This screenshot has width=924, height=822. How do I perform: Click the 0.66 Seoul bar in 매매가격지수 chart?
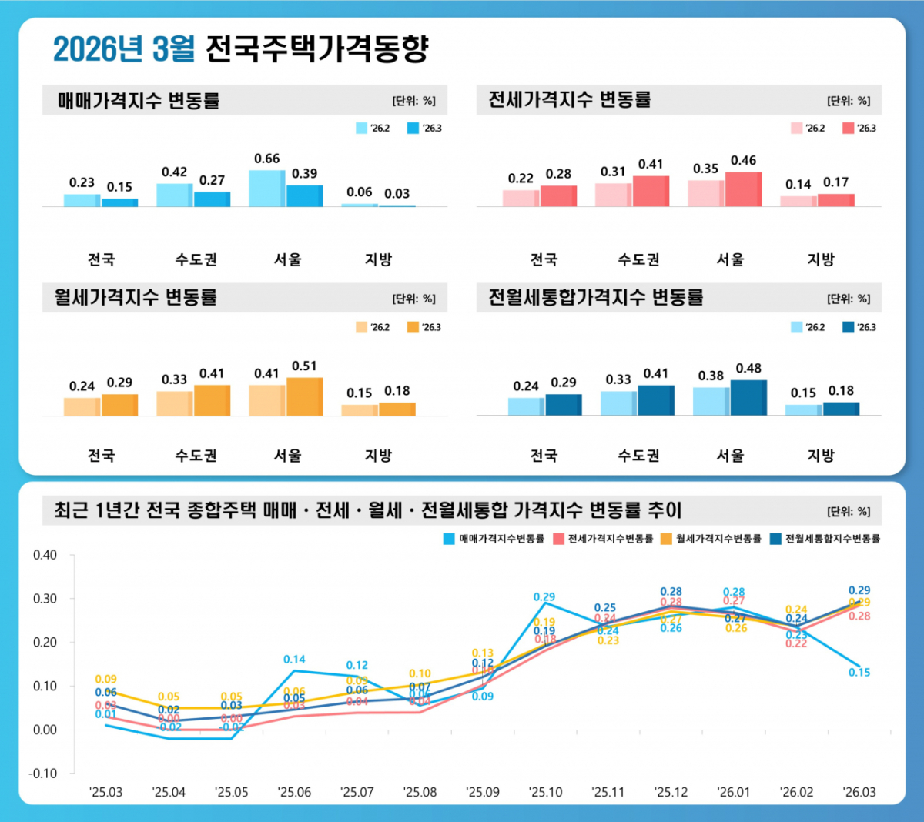pos(266,188)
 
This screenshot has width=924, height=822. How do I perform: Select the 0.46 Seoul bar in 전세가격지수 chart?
pos(743,189)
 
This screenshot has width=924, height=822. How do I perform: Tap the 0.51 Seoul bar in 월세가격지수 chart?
pos(304,396)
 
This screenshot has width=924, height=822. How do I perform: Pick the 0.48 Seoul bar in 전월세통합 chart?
pos(748,397)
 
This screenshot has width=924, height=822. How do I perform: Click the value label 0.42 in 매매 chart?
pos(174,172)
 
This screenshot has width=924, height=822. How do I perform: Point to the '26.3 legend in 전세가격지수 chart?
pos(859,129)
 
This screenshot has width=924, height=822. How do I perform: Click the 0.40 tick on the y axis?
pos(45,555)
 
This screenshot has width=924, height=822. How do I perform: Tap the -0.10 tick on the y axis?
pos(43,774)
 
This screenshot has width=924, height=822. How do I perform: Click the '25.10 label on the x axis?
pos(545,792)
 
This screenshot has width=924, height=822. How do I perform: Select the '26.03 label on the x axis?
pos(859,792)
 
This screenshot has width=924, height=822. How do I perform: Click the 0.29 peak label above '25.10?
pos(544,597)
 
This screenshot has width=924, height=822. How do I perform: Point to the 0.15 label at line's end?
pos(859,673)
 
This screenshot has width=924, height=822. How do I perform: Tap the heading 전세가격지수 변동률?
pos(570,100)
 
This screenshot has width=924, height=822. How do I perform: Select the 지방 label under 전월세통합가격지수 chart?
pos(821,456)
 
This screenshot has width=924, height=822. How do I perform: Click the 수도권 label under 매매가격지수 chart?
pos(196,260)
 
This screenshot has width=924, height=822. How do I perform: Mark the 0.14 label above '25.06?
pos(294,660)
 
